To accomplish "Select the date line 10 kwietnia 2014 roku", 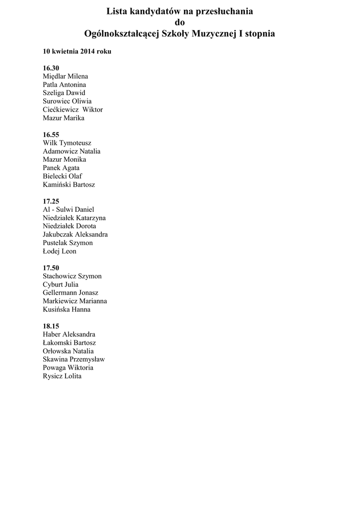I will (x=77, y=52).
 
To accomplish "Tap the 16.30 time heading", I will (x=51, y=68).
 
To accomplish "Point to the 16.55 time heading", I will (x=51, y=134).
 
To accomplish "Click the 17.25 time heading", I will (x=51, y=201).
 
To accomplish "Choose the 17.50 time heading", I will (x=51, y=268).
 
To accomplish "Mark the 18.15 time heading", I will (x=51, y=326).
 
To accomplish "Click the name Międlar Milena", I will (x=66, y=76).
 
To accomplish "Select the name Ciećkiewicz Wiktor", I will (x=73, y=110).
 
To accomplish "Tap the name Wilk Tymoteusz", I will (x=67, y=143).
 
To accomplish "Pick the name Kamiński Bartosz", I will (x=69, y=185).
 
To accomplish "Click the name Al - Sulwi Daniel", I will (x=69, y=210).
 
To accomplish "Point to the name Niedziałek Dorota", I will (x=70, y=226).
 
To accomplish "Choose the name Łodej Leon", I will (x=60, y=252).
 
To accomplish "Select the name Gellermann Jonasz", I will (x=71, y=293).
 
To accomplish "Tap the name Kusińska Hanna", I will (x=67, y=310).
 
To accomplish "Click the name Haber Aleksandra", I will (x=69, y=335).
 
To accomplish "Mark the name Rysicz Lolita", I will (x=62, y=377).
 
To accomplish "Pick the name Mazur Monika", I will (x=65, y=160).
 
